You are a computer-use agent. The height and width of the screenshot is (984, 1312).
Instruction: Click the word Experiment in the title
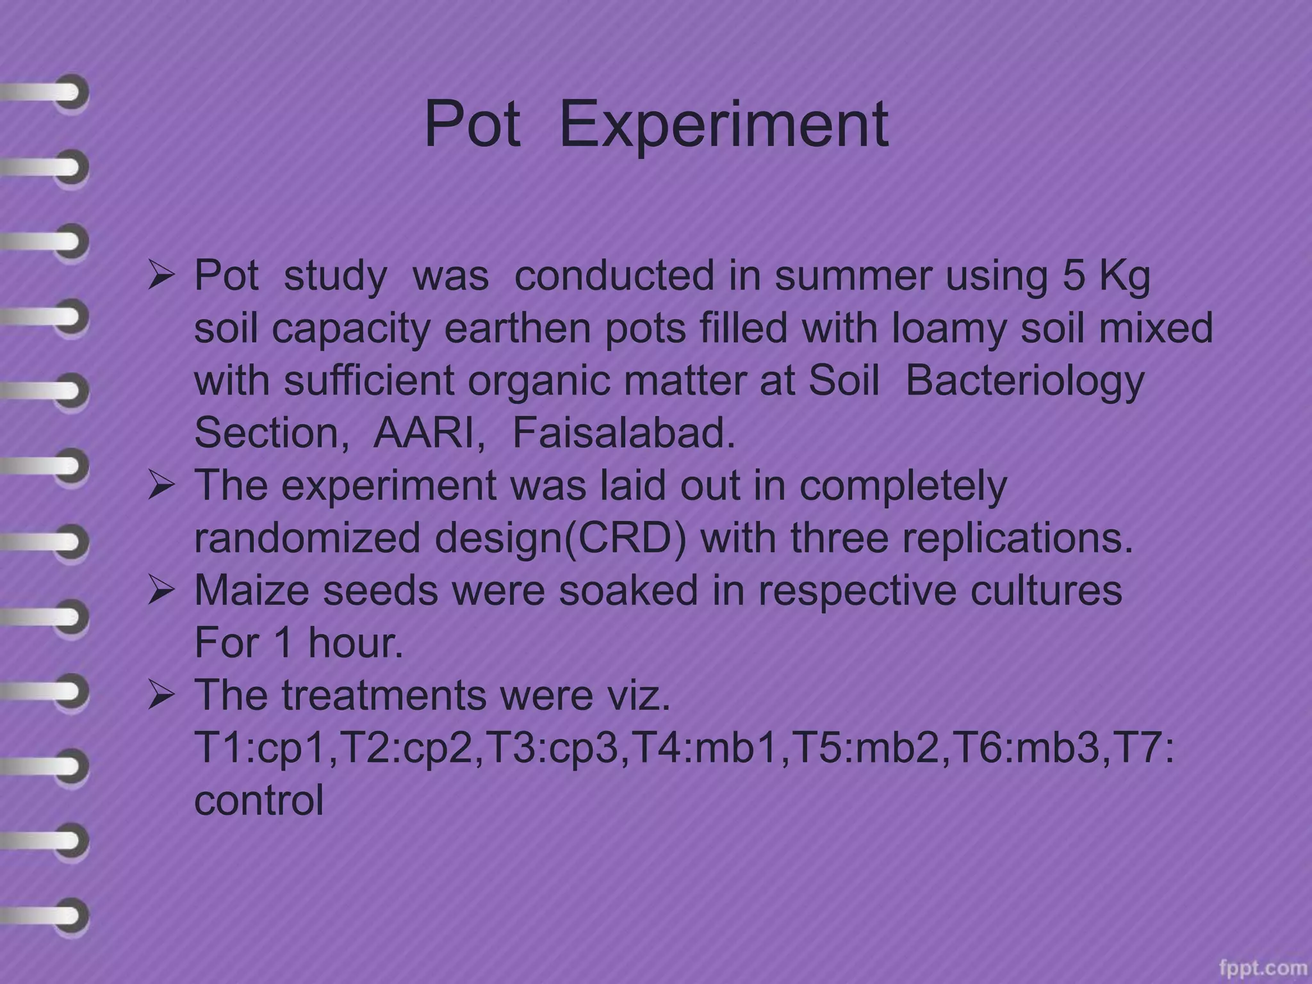click(724, 124)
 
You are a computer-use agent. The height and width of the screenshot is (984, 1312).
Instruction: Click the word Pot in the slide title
click(472, 124)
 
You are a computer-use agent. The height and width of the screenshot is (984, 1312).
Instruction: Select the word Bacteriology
click(1024, 381)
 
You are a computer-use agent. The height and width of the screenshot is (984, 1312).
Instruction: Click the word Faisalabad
click(623, 433)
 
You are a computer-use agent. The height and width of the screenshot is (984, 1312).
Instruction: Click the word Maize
click(252, 590)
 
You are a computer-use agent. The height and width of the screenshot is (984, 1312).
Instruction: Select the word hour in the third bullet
click(356, 643)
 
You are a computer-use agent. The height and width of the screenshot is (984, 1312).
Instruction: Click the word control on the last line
click(259, 800)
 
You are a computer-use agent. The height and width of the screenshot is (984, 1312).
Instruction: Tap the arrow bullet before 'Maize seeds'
click(161, 591)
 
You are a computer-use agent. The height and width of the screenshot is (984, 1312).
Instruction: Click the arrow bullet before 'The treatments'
click(161, 696)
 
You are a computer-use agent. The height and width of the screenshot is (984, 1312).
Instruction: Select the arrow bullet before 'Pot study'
click(161, 276)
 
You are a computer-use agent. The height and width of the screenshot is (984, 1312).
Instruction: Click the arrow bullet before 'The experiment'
click(161, 486)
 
